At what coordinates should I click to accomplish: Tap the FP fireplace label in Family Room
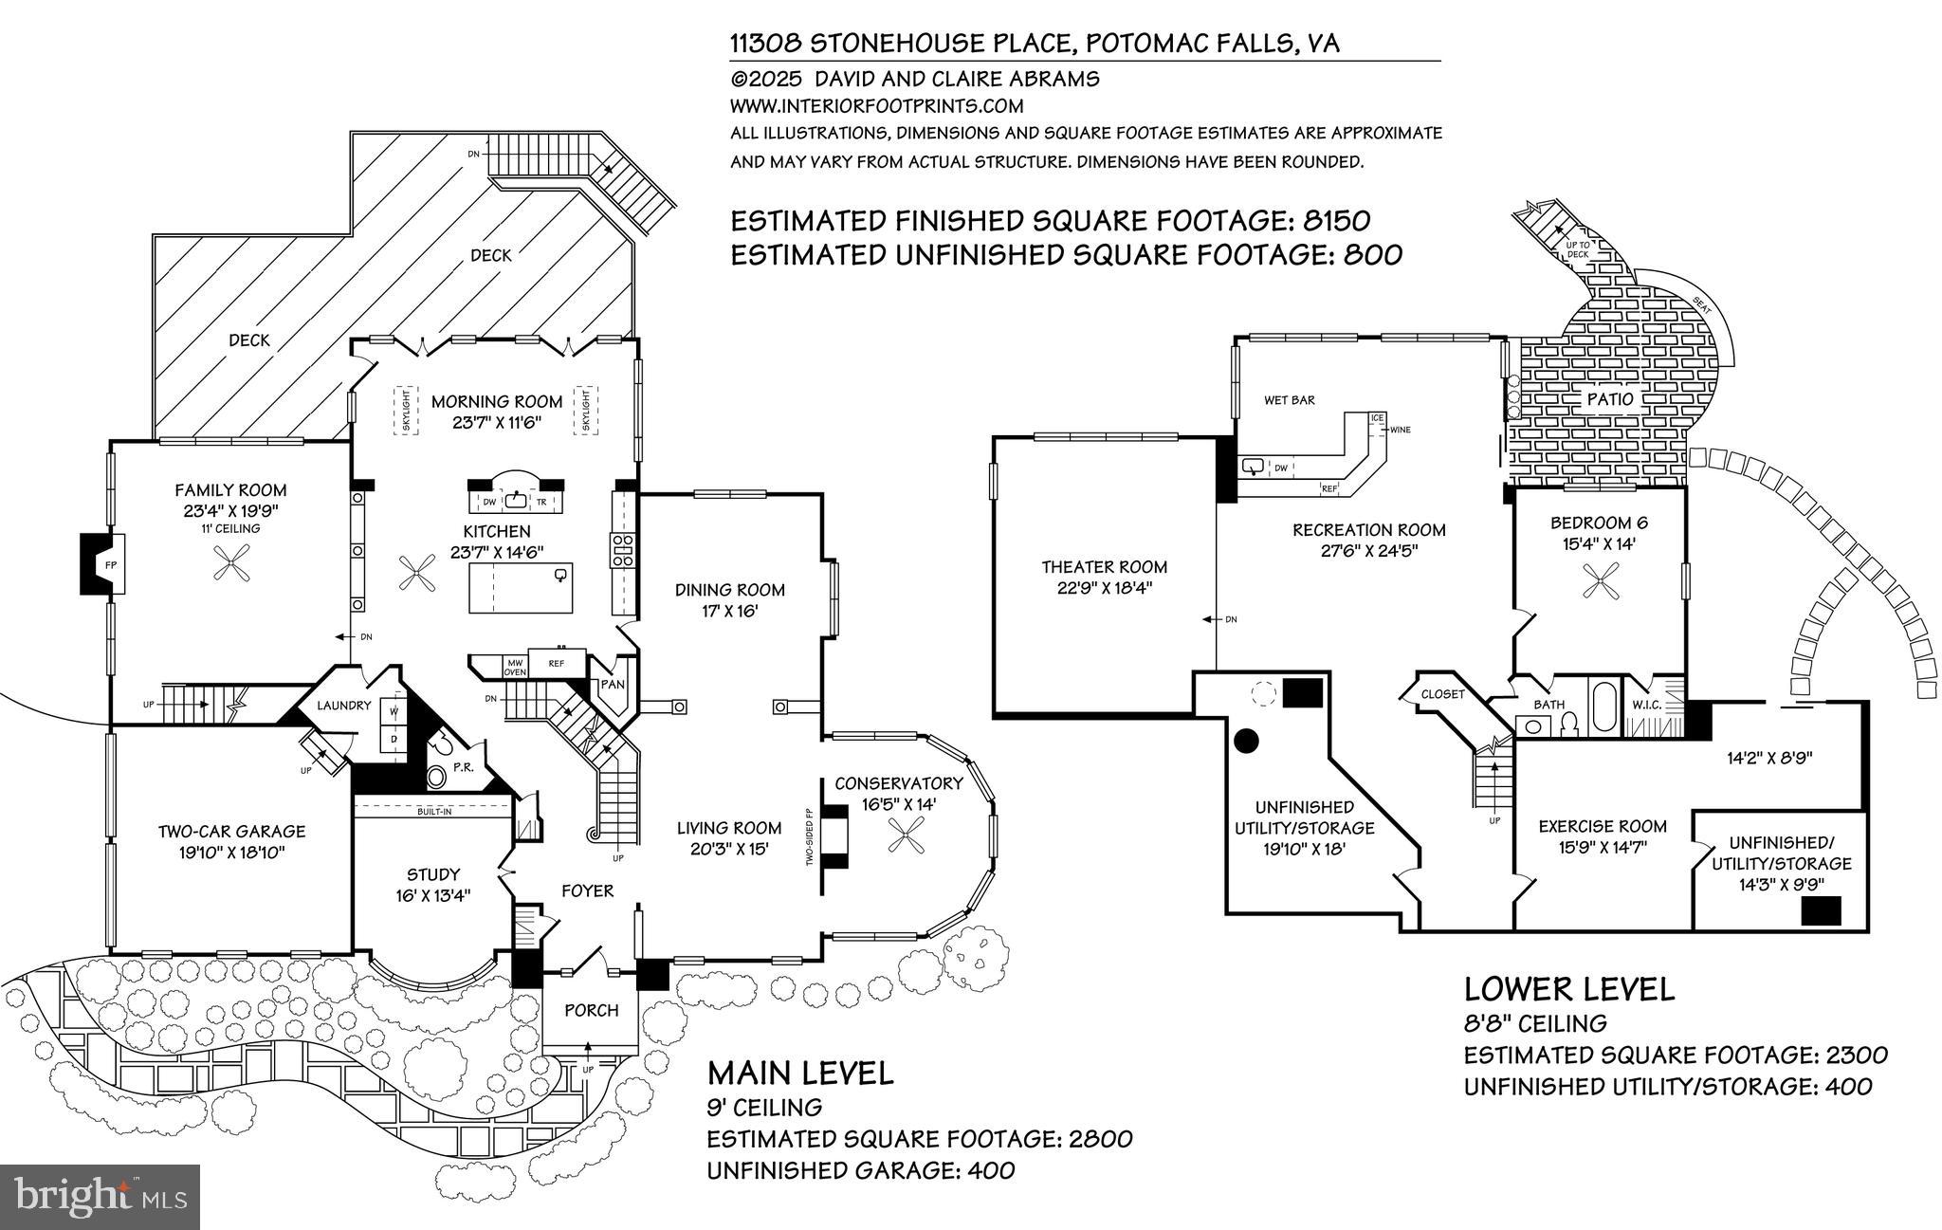pyautogui.click(x=110, y=565)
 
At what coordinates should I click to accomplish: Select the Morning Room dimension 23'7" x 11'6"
pyautogui.click(x=497, y=423)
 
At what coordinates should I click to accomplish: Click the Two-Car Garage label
pyautogui.click(x=231, y=831)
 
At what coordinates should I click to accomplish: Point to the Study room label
pyautogui.click(x=433, y=873)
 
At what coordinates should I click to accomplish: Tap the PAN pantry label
pyautogui.click(x=613, y=684)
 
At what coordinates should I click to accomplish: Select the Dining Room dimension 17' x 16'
pyautogui.click(x=730, y=612)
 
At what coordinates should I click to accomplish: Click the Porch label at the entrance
pyautogui.click(x=591, y=1010)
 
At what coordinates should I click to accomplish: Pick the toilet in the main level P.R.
pyautogui.click(x=436, y=777)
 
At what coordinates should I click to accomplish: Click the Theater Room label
pyautogui.click(x=1104, y=566)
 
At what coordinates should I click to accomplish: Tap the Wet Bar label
pyautogui.click(x=1289, y=400)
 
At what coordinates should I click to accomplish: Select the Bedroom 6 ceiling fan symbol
pyautogui.click(x=1601, y=579)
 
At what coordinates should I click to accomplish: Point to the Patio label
pyautogui.click(x=1610, y=399)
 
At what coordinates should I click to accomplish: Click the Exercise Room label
pyautogui.click(x=1602, y=826)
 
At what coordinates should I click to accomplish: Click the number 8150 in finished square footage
pyautogui.click(x=1337, y=221)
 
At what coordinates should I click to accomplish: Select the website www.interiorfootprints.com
pyautogui.click(x=876, y=106)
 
